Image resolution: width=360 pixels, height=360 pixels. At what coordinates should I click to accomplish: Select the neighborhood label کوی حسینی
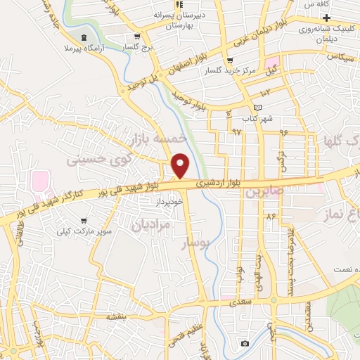99,160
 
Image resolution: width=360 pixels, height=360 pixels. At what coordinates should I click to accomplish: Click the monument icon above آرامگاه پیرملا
85,37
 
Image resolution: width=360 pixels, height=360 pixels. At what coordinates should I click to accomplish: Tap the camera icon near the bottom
243,343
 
